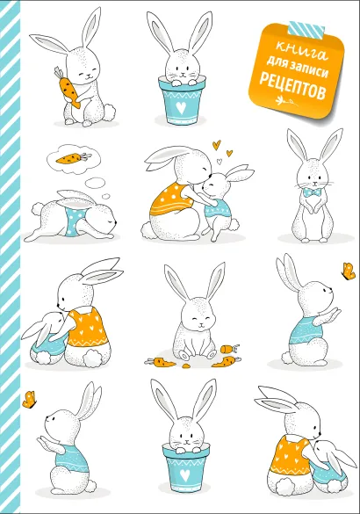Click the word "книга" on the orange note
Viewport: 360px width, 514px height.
[x=301, y=51]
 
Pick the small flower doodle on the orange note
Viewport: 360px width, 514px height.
[x=288, y=101]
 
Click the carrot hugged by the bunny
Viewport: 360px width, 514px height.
[x=68, y=87]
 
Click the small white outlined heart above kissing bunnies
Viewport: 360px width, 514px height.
[x=220, y=161]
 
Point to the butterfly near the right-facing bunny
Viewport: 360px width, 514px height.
[x=349, y=271]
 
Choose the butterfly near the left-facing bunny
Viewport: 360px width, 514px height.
[x=30, y=399]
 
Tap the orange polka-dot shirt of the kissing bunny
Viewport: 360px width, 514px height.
[x=171, y=199]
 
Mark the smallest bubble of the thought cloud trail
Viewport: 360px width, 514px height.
[x=106, y=196]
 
